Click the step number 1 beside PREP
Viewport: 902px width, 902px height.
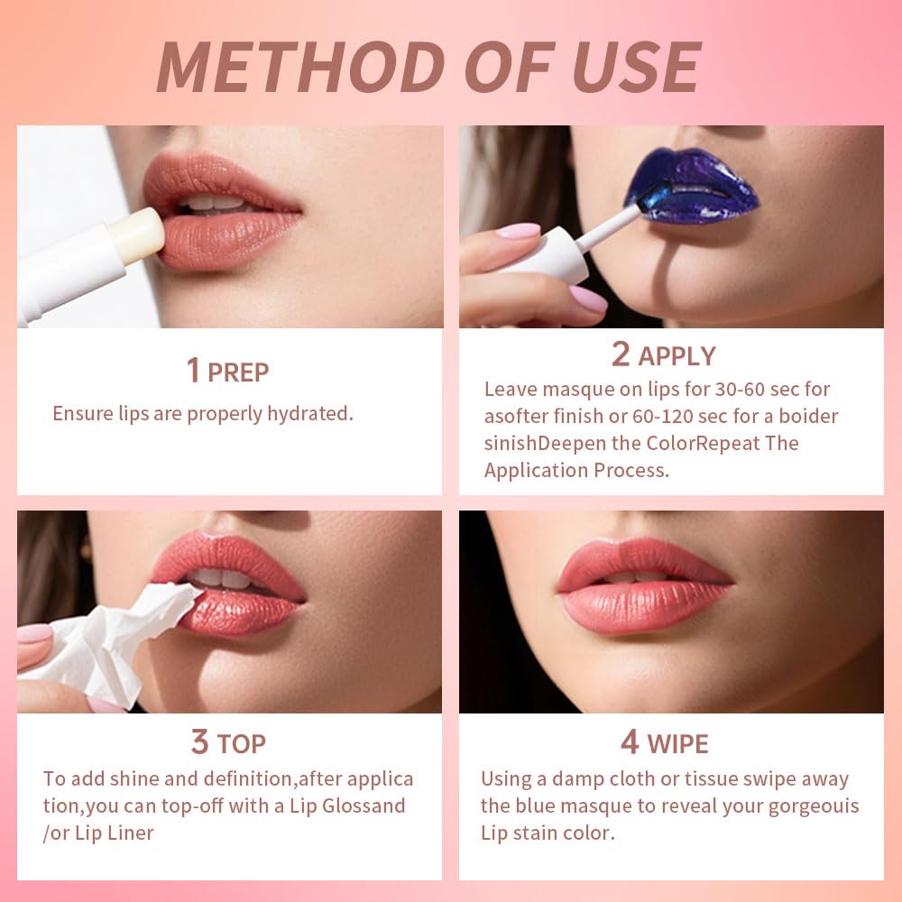tap(192, 371)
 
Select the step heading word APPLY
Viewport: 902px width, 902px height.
tap(676, 356)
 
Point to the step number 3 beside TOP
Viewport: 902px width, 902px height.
tap(199, 742)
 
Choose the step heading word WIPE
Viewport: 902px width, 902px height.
tap(676, 744)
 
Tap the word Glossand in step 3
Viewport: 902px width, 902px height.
tap(362, 805)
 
